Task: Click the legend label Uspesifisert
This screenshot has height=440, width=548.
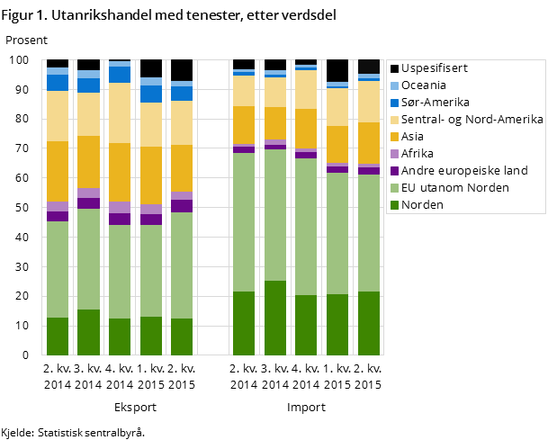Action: click(435, 68)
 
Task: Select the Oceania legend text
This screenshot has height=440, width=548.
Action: click(423, 85)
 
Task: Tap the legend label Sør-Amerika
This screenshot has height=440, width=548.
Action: click(436, 103)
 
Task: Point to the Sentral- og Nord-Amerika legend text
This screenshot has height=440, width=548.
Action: click(472, 120)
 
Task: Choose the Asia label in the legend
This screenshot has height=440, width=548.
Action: click(414, 137)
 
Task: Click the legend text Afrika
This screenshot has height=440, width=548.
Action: click(418, 154)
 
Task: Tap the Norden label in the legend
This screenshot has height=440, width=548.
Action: click(422, 205)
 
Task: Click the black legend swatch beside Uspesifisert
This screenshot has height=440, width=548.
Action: click(393, 68)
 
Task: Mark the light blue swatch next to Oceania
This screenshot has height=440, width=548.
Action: click(393, 85)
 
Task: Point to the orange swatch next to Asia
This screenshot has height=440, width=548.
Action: click(393, 137)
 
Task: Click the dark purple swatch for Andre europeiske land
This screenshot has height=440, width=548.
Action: click(393, 171)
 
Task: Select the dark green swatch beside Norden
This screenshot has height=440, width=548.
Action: click(393, 205)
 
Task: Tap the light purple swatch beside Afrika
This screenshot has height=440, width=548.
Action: click(393, 154)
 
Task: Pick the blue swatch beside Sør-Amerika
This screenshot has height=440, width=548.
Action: click(393, 103)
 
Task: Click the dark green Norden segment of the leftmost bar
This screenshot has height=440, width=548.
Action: click(58, 337)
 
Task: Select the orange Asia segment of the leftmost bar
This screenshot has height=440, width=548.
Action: click(58, 171)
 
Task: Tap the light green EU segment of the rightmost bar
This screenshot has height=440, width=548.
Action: click(369, 233)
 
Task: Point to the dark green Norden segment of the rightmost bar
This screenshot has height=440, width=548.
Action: click(369, 323)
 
